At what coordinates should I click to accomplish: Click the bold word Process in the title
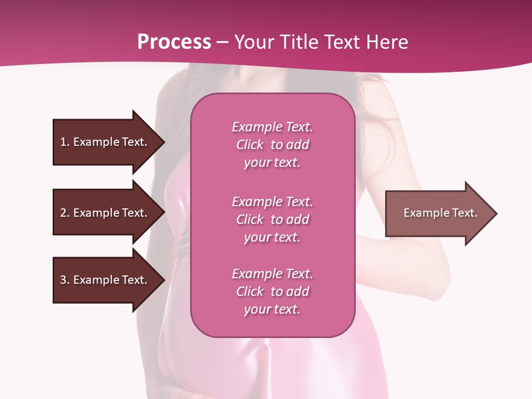pyautogui.click(x=174, y=42)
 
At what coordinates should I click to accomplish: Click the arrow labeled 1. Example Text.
pyautogui.click(x=104, y=142)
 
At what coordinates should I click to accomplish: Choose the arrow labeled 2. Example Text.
pyautogui.click(x=104, y=213)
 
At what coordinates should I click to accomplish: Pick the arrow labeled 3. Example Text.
pyautogui.click(x=104, y=280)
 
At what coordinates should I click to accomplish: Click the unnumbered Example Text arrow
pyautogui.click(x=440, y=213)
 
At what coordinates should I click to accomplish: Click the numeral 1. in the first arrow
pyautogui.click(x=64, y=142)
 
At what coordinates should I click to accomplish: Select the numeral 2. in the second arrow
pyautogui.click(x=64, y=213)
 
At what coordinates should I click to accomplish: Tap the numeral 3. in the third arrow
pyautogui.click(x=64, y=280)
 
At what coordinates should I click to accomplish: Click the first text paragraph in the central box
pyautogui.click(x=272, y=145)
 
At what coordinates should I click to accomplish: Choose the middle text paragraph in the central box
pyautogui.click(x=272, y=219)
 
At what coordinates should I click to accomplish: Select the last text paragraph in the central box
pyautogui.click(x=272, y=291)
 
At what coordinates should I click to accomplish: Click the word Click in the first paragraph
pyautogui.click(x=249, y=145)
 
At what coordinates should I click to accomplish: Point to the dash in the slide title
pyautogui.click(x=222, y=42)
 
